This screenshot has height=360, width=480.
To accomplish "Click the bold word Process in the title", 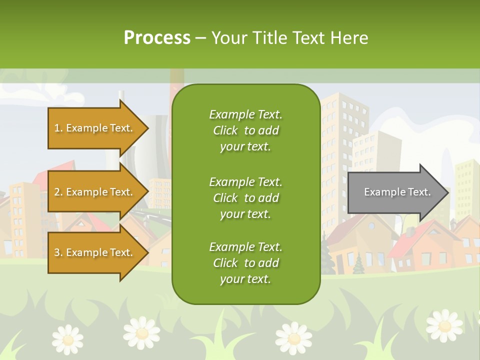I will pyautogui.click(x=157, y=38).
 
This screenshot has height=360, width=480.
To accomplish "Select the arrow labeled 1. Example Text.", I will pyautogui.click(x=95, y=128).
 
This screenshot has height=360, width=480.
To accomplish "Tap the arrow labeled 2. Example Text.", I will pyautogui.click(x=95, y=192).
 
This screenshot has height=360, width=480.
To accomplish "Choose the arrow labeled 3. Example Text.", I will pyautogui.click(x=95, y=252).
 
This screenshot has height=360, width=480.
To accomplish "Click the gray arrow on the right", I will pyautogui.click(x=395, y=192).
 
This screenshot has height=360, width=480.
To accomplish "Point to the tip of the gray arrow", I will pyautogui.click(x=448, y=192).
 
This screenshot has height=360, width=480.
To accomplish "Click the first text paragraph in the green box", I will pyautogui.click(x=245, y=130).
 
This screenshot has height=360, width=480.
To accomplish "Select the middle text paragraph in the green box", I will pyautogui.click(x=245, y=198).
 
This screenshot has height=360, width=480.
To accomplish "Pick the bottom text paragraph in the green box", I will pyautogui.click(x=245, y=263).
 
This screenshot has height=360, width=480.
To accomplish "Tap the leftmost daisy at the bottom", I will pyautogui.click(x=67, y=339).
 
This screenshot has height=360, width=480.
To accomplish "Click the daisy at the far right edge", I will pyautogui.click(x=444, y=325).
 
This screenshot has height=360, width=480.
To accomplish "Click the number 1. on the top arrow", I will pyautogui.click(x=58, y=128).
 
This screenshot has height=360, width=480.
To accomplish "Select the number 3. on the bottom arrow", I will pyautogui.click(x=58, y=252).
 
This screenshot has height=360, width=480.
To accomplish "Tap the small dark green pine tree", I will pyautogui.click(x=358, y=265).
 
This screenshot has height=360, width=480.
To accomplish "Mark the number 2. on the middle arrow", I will pyautogui.click(x=58, y=192).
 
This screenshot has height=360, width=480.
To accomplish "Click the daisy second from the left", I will pyautogui.click(x=142, y=332).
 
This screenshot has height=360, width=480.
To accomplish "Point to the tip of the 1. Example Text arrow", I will pyautogui.click(x=148, y=128).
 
